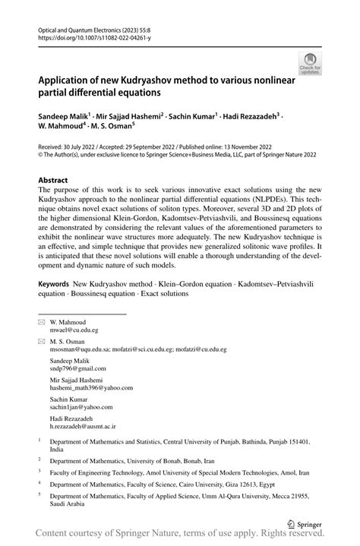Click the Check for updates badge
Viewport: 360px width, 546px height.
pyautogui.click(x=310, y=65)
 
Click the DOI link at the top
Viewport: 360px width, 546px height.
pyautogui.click(x=86, y=35)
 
